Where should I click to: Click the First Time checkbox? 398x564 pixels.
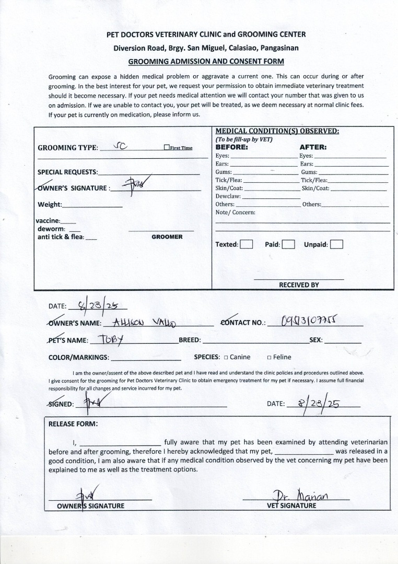(x=166, y=148)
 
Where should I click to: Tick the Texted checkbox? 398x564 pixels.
(x=247, y=244)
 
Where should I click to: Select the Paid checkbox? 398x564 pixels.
(x=288, y=244)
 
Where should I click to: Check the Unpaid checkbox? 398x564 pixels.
(x=336, y=244)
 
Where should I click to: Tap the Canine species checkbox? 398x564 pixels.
(x=226, y=358)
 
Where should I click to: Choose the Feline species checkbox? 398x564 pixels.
(x=269, y=358)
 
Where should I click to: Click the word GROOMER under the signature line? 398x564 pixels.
(x=167, y=237)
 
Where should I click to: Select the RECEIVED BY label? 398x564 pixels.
(x=299, y=285)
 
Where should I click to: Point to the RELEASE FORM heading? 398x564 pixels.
(x=73, y=424)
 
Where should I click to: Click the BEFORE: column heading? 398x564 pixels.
(x=231, y=147)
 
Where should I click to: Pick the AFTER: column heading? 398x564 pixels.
(x=313, y=147)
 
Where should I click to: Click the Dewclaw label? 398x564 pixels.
(x=227, y=196)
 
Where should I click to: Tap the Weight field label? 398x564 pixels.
(x=50, y=204)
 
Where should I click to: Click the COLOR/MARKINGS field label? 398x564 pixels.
(x=78, y=358)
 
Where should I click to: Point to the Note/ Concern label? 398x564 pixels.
(x=236, y=212)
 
